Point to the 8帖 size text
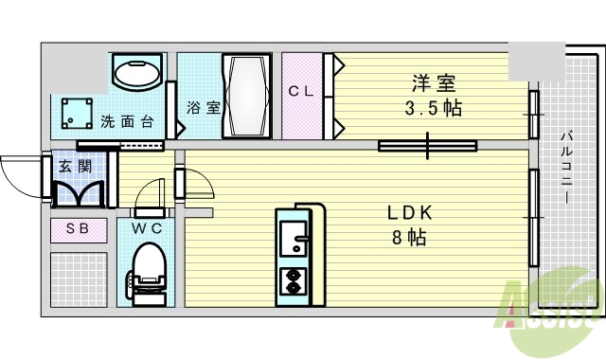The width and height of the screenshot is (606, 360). [409, 237]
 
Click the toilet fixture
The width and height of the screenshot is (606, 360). [146, 271]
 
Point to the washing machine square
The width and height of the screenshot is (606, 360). [73, 114]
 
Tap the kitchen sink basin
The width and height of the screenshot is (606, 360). [293, 237]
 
